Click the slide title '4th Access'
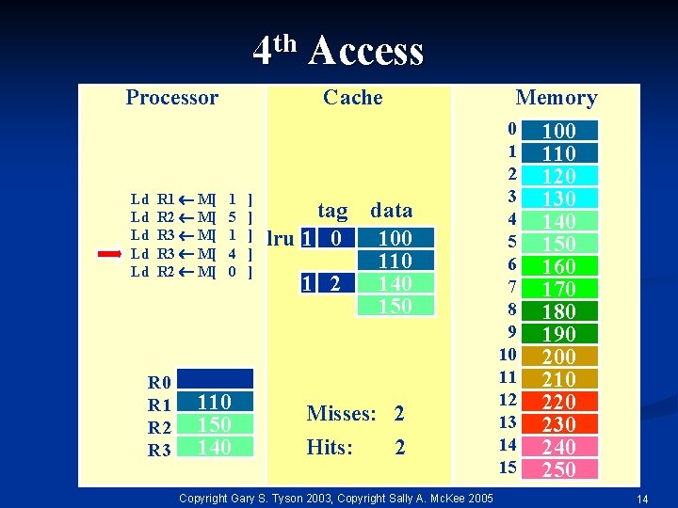338,50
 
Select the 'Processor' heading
171,97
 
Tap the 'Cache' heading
352,97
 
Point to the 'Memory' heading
556,98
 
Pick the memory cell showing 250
559,468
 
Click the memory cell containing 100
559,130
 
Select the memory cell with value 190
559,333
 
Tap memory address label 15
508,468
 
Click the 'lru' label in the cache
280,238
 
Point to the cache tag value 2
335,283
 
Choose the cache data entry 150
395,306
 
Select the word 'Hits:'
330,448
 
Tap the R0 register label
159,382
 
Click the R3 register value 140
215,447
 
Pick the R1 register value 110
215,402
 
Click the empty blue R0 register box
215,379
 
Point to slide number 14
642,498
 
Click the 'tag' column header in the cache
332,211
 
